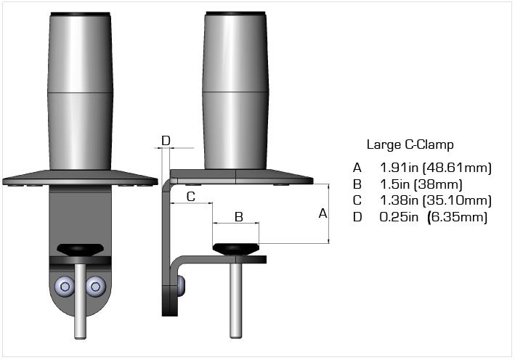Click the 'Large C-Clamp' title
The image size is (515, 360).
tap(410, 144)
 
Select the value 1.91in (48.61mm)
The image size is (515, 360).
tap(436, 168)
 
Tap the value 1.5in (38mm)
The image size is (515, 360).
tap(421, 184)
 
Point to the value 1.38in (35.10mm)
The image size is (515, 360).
tap(436, 200)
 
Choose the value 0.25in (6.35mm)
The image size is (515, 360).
tap(433, 217)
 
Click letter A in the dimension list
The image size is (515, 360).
tap(357, 168)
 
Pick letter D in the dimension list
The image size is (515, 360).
tap(357, 217)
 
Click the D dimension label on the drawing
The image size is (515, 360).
tap(166, 141)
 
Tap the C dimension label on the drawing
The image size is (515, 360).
tap(191, 197)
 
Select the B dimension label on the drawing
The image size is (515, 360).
tap(239, 217)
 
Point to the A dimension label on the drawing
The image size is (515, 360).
tap(323, 213)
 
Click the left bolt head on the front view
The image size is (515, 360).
tap(65, 287)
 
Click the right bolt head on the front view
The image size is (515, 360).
tap(96, 287)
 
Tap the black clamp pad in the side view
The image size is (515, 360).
tap(236, 249)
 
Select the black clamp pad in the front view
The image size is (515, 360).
tap(80, 250)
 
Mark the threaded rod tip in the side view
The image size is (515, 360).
tap(236, 336)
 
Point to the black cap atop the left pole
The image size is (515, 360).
tap(80, 15)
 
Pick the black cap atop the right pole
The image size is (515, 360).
tap(235, 14)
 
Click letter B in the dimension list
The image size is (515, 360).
tap(357, 184)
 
